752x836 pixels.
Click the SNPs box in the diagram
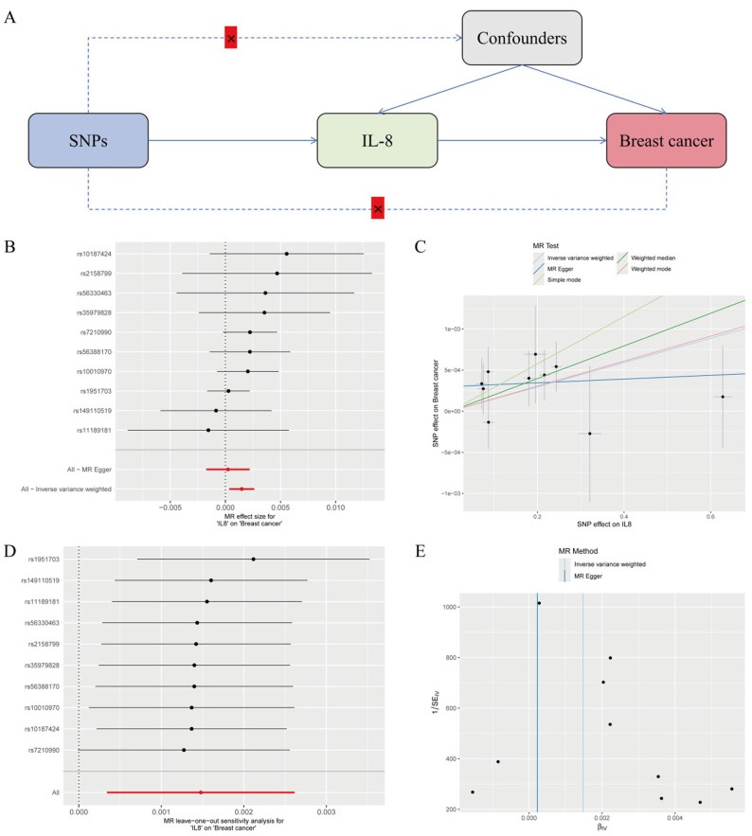pos(88,141)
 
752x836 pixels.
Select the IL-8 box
pos(376,141)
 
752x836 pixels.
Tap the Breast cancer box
pos(666,141)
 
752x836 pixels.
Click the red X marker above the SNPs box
pos(230,38)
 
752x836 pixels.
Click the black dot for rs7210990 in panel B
pos(250,332)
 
